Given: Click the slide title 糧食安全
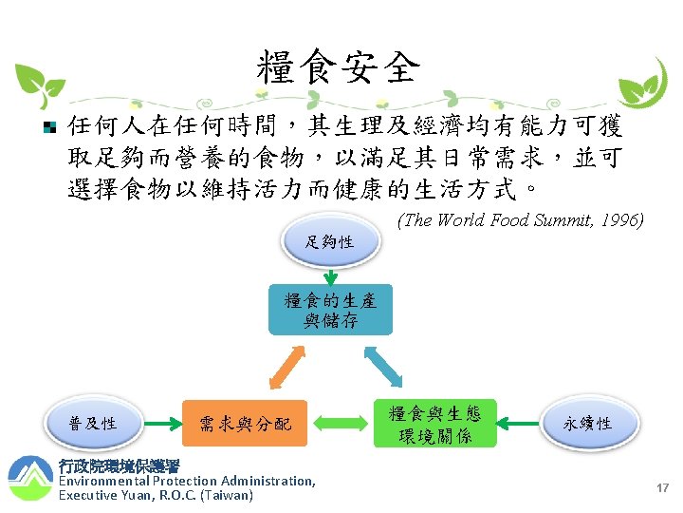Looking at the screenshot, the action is coord(338,66).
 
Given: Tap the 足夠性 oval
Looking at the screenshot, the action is coord(330,242).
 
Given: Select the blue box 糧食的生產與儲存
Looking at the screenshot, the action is coord(330,310).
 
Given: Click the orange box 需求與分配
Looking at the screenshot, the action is coord(246,423).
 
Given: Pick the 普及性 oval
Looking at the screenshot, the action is coord(93,423).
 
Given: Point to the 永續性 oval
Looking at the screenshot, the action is coord(588,423).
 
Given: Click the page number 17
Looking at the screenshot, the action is coord(662,487).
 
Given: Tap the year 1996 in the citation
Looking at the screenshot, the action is coord(622,220).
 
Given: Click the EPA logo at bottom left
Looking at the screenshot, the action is coord(29,479).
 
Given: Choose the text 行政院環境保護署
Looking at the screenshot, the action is coord(119,466).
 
